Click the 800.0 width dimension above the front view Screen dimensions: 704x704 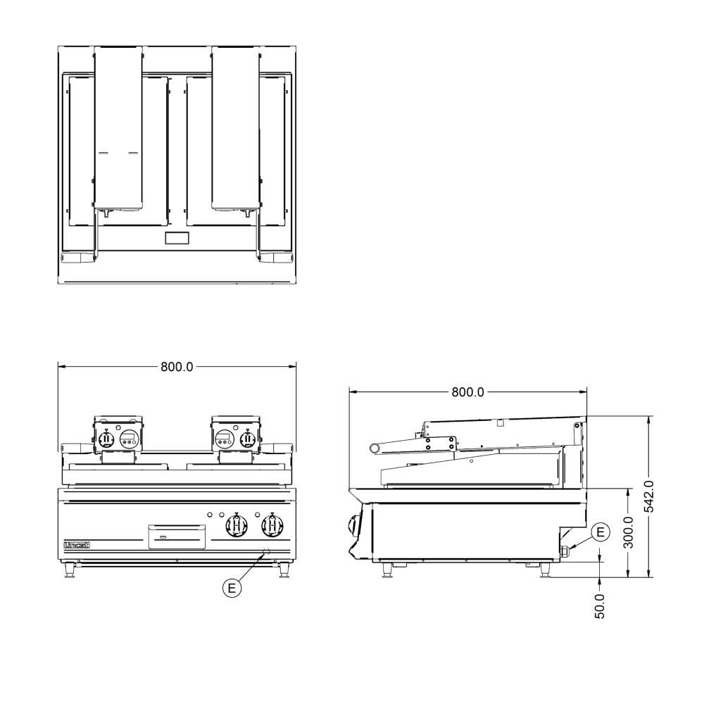coord(177,367)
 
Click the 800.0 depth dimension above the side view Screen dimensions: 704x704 coord(468,393)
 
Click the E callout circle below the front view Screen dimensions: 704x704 coord(232,586)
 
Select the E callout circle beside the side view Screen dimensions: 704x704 coord(599,532)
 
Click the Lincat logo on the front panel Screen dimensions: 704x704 coord(76,546)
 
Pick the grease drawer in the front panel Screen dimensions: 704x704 coord(176,536)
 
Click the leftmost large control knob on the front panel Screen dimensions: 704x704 coord(237,525)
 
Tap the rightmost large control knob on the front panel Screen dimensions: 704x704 coord(272,525)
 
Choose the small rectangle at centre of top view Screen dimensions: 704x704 coord(176,238)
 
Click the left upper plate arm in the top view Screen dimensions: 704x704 coord(118,127)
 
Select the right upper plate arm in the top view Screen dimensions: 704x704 coord(236,127)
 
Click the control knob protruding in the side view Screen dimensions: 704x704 coord(354,525)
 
